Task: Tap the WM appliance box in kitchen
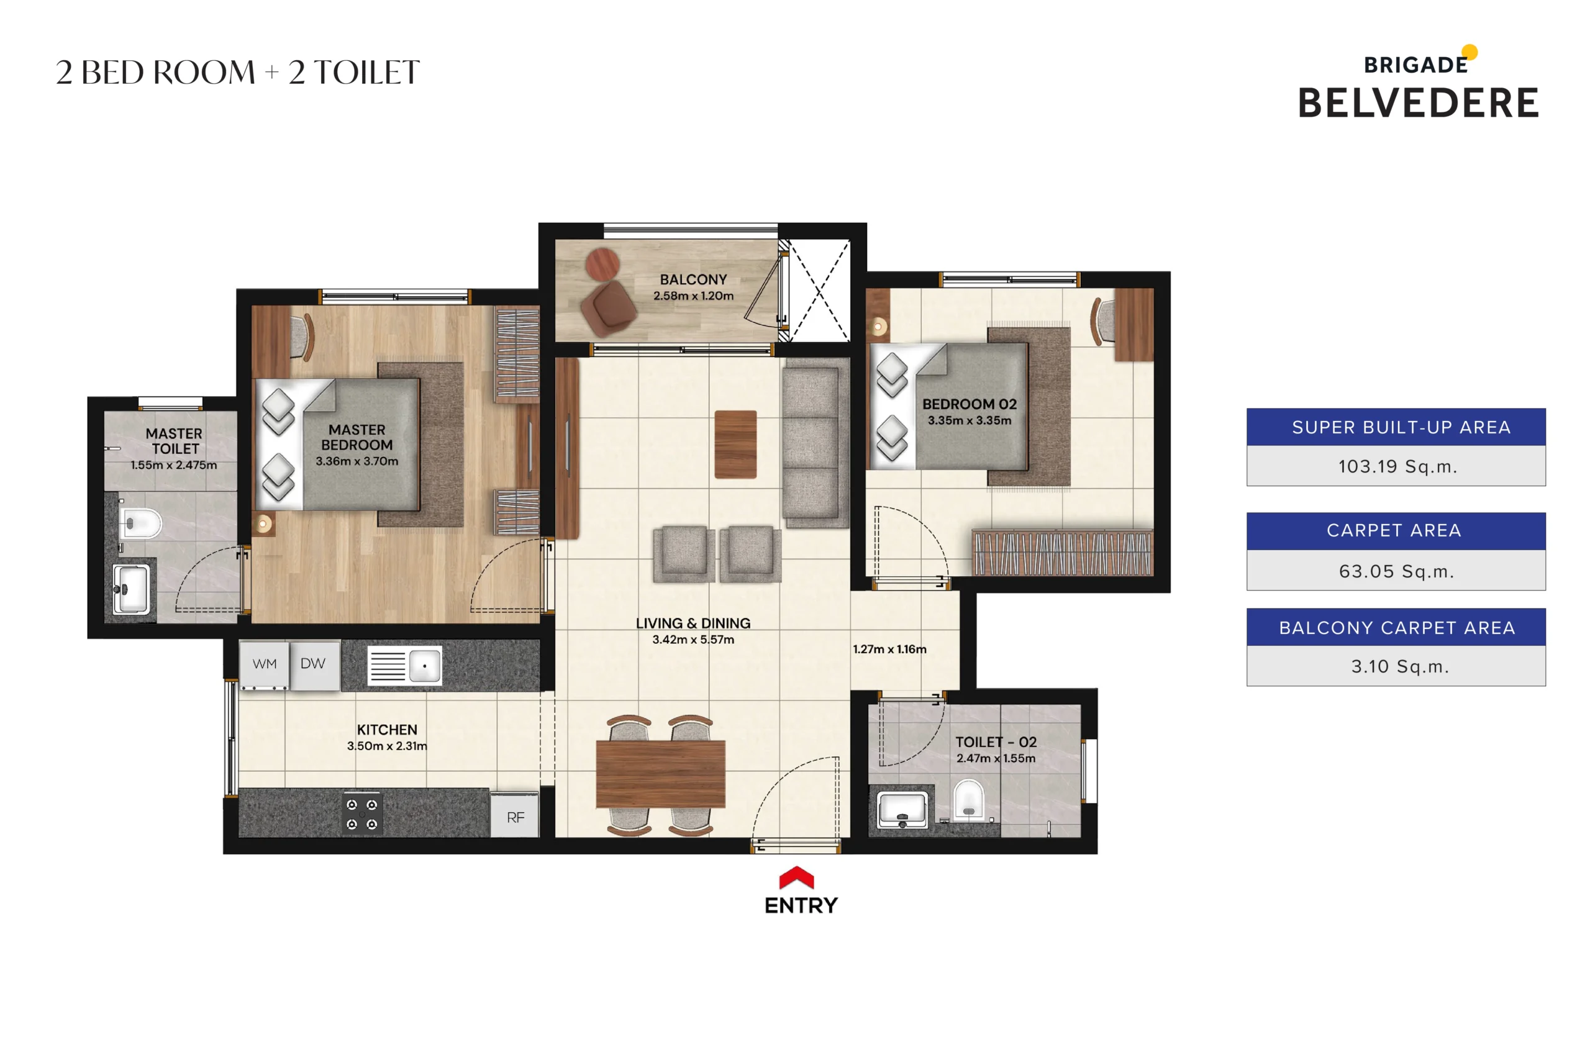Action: [265, 664]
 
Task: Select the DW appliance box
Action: [313, 664]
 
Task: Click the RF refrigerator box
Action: [515, 817]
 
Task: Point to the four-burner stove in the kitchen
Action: [361, 814]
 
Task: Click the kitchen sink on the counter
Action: [405, 666]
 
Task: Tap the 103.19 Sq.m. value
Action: [1397, 466]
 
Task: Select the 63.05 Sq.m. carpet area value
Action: [1396, 571]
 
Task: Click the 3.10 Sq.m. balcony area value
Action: [1399, 666]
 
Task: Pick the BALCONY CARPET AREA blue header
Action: [1396, 628]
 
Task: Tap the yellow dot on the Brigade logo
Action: [1470, 52]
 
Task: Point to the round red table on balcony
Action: [602, 264]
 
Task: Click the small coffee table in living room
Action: [735, 444]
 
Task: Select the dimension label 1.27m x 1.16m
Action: [889, 649]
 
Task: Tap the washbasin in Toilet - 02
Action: [902, 809]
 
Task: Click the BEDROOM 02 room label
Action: [969, 404]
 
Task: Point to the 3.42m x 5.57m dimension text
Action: [693, 640]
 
